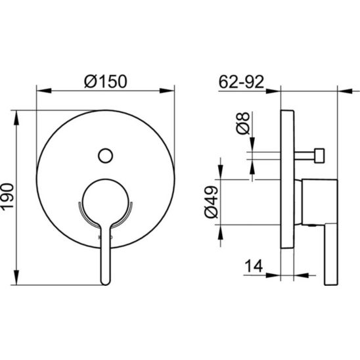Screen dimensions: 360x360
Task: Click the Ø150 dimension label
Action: click(106, 81)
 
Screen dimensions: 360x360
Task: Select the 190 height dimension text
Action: click(7, 196)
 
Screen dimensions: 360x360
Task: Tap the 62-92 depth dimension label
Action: click(241, 81)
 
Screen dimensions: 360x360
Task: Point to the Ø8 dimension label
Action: click(243, 123)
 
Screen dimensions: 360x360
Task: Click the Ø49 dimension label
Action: click(211, 202)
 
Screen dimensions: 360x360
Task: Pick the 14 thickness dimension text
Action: click(254, 266)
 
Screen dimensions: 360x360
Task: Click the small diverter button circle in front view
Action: click(105, 156)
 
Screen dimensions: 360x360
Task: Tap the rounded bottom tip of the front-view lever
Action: click(106, 283)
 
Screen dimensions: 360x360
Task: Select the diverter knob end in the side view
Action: click(319, 156)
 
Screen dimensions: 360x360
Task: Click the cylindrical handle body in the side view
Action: click(319, 202)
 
